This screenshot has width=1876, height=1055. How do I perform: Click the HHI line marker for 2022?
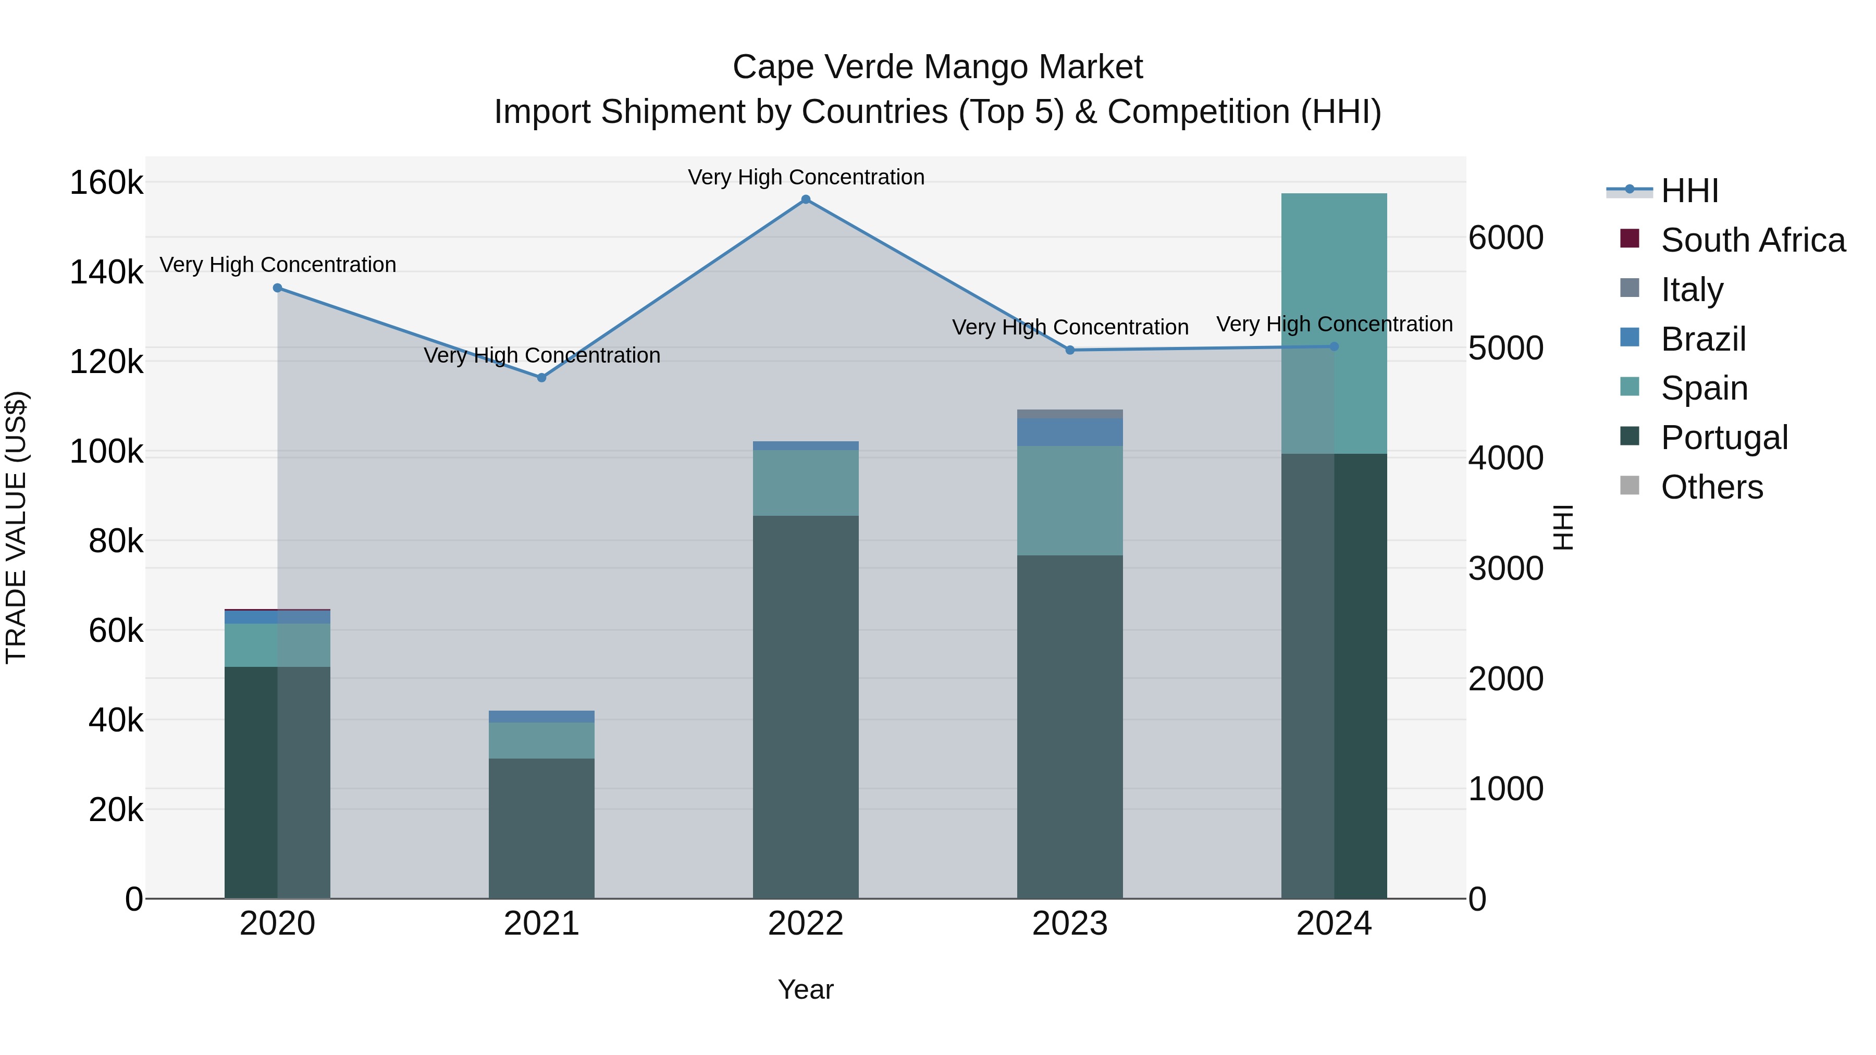[806, 200]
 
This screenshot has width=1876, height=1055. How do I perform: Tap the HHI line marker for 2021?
[541, 378]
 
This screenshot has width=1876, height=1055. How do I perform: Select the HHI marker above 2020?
[277, 288]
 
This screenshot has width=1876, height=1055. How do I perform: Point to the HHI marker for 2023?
[1070, 350]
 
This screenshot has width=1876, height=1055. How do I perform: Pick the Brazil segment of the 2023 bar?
[1070, 432]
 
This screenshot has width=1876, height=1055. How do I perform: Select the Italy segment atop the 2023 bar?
[1070, 414]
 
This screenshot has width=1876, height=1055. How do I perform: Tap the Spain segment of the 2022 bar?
[806, 483]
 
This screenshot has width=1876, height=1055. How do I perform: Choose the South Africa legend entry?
[1753, 240]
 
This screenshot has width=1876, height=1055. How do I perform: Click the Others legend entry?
[1711, 487]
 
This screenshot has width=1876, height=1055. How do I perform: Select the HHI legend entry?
[1689, 191]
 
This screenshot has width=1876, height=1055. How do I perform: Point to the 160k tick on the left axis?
[106, 182]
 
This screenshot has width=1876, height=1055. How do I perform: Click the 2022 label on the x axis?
[806, 924]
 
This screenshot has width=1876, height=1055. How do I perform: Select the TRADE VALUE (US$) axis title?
[16, 527]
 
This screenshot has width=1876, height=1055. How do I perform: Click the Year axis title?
[806, 989]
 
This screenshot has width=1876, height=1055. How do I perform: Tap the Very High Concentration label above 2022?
[806, 177]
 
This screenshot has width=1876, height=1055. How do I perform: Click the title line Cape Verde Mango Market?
[937, 67]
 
